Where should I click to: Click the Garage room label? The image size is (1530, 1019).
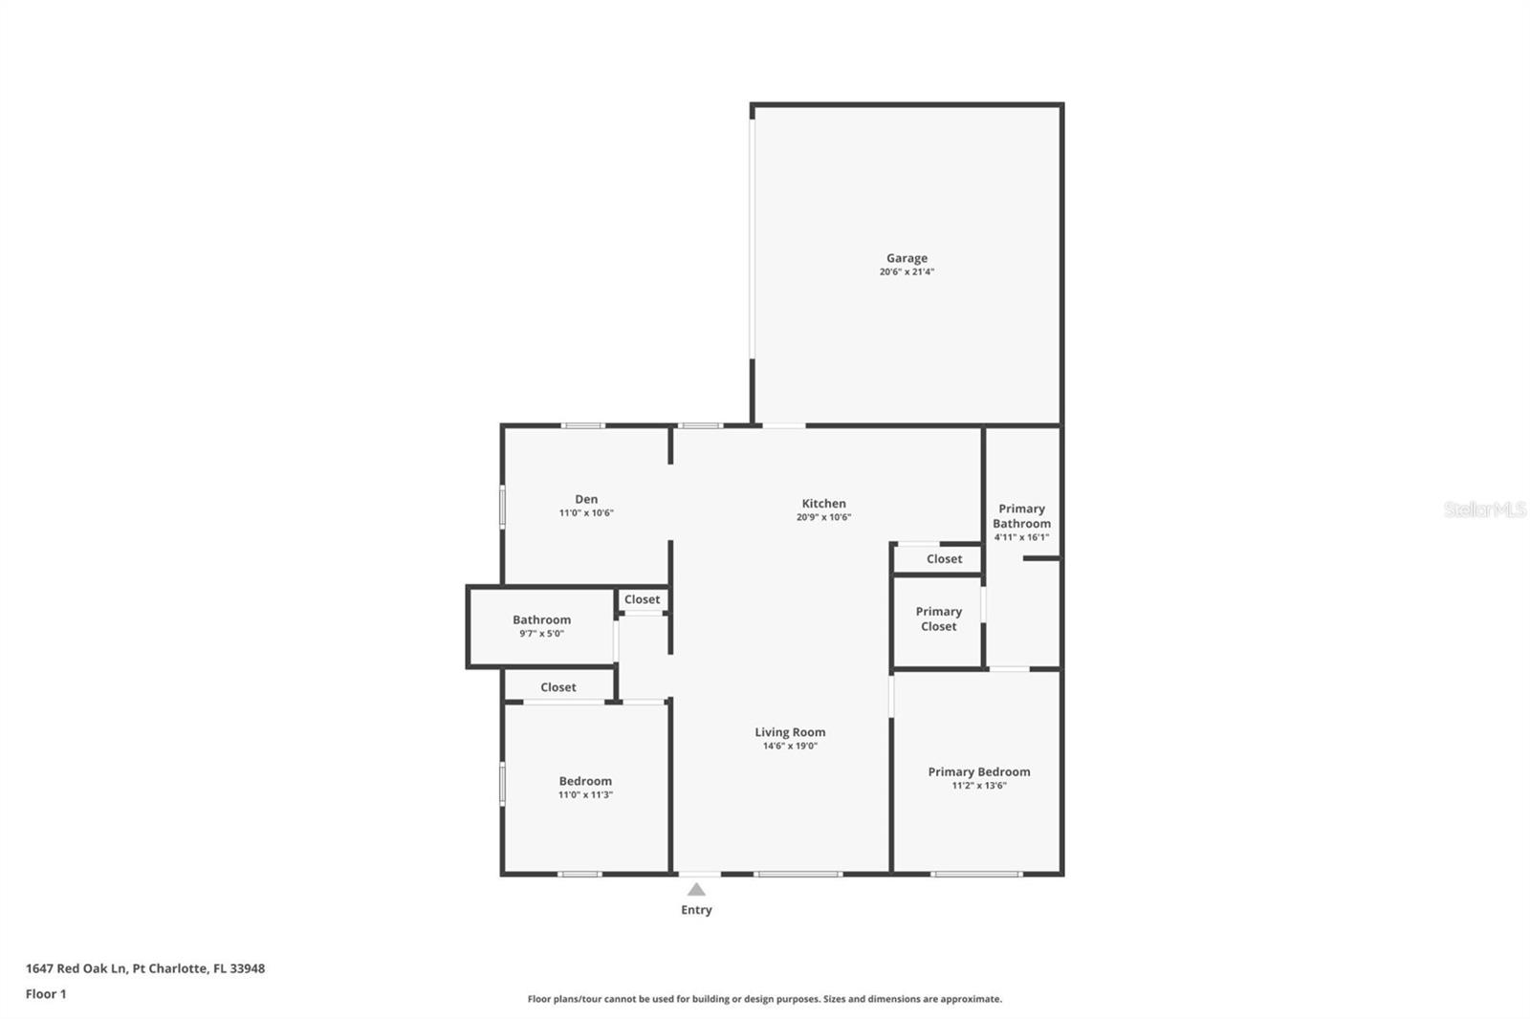(x=907, y=258)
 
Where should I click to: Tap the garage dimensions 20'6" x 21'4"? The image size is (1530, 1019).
(x=907, y=271)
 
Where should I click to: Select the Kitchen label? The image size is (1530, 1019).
(x=823, y=504)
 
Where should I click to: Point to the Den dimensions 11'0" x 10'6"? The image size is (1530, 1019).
(x=586, y=513)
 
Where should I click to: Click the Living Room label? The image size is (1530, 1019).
(x=790, y=732)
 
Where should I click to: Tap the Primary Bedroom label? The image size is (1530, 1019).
(x=979, y=771)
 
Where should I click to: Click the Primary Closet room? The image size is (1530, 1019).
(x=938, y=619)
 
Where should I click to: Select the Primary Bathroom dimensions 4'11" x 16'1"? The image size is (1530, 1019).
(x=1021, y=537)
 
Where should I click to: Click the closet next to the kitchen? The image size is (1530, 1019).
(x=944, y=559)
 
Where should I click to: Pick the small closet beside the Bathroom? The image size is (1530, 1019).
(x=642, y=599)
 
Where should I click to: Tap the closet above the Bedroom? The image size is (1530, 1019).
(x=558, y=687)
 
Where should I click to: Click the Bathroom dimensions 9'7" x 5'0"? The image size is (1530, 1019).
(x=541, y=634)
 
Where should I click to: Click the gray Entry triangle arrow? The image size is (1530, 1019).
(x=696, y=890)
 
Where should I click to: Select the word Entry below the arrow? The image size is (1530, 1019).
(x=696, y=910)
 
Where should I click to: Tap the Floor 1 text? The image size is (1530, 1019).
(x=46, y=994)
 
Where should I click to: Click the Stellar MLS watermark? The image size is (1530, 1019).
(x=1484, y=509)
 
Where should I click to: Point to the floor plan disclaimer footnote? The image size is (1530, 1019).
(x=764, y=999)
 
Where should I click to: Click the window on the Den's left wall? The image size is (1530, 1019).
(x=502, y=507)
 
